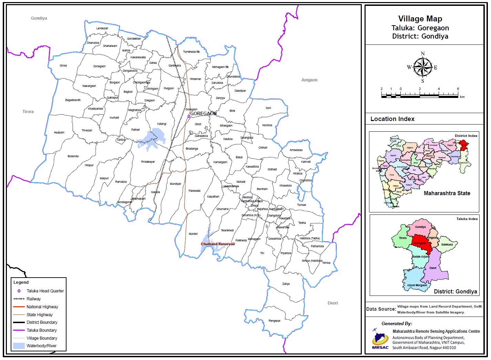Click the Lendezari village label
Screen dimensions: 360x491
[x=102, y=28]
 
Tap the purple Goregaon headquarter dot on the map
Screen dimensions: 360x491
[x=189, y=117]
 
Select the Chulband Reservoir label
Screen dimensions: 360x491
[x=218, y=244]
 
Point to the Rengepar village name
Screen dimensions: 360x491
[x=274, y=321]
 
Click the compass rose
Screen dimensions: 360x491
[x=423, y=67]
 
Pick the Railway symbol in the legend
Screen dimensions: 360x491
[x=19, y=299]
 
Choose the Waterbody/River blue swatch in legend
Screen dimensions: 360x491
[x=19, y=346]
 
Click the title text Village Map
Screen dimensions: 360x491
[x=420, y=19]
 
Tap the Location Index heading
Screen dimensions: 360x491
[x=392, y=119]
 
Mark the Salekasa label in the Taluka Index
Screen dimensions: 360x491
[x=447, y=244]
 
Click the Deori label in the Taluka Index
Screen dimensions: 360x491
[x=433, y=268]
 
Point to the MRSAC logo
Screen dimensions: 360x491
[x=380, y=340]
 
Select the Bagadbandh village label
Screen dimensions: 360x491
[x=73, y=100]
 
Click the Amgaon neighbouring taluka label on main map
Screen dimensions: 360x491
[x=309, y=80]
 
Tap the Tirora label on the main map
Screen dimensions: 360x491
[x=28, y=112]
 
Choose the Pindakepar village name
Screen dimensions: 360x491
[x=148, y=162]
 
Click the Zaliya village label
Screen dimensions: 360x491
[x=286, y=284]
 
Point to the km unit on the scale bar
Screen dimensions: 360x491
[x=462, y=97]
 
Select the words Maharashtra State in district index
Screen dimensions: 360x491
[x=447, y=193]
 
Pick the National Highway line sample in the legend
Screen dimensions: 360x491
[x=19, y=307]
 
